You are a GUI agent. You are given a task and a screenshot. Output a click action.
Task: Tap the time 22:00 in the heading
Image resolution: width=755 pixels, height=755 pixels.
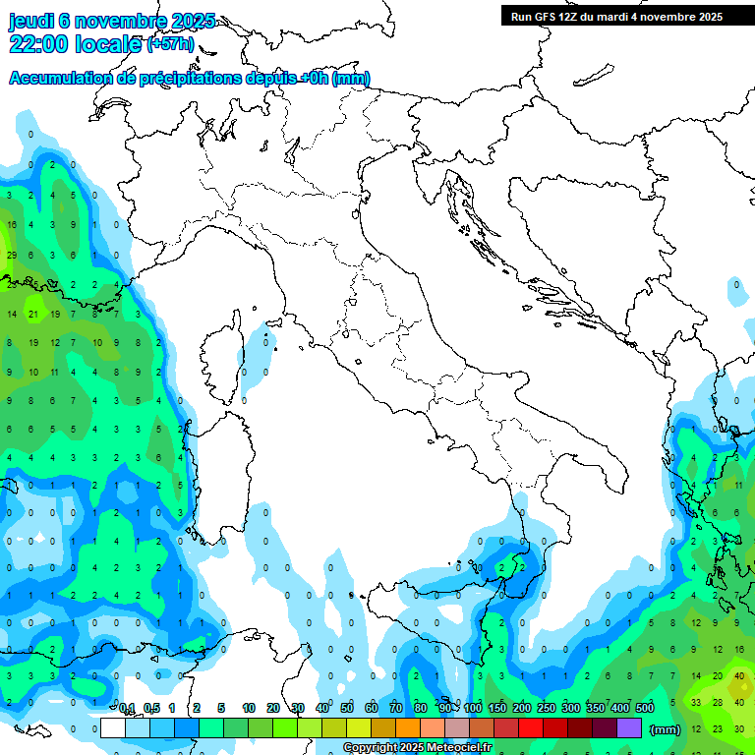click(x=39, y=44)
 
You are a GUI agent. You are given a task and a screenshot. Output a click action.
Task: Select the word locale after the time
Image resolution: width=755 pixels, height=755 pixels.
click(x=109, y=44)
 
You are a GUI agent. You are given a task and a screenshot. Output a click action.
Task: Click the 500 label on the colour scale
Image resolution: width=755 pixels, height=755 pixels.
click(x=645, y=708)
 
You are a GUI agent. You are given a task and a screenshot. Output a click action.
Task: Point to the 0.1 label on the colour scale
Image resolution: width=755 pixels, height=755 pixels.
click(x=127, y=708)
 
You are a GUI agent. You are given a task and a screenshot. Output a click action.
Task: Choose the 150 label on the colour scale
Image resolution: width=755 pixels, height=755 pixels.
click(x=497, y=708)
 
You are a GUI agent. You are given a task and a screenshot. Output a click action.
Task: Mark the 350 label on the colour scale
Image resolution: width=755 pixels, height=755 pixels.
click(x=596, y=708)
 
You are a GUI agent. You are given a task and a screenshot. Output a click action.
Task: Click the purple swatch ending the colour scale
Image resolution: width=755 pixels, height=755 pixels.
click(x=629, y=727)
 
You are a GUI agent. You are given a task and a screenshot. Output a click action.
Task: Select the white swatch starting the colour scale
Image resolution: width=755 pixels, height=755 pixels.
click(x=113, y=727)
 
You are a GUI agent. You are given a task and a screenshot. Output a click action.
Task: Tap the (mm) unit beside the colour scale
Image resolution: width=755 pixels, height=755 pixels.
click(x=666, y=729)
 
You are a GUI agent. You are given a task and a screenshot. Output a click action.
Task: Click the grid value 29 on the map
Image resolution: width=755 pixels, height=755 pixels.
click(x=12, y=256)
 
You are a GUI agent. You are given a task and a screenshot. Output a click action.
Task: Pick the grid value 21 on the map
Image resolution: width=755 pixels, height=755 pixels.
click(x=33, y=315)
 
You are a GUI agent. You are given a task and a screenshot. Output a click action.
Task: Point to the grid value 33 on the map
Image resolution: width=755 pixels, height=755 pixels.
click(x=696, y=702)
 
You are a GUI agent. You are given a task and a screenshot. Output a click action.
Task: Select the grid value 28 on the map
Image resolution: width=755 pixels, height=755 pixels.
click(x=718, y=702)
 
